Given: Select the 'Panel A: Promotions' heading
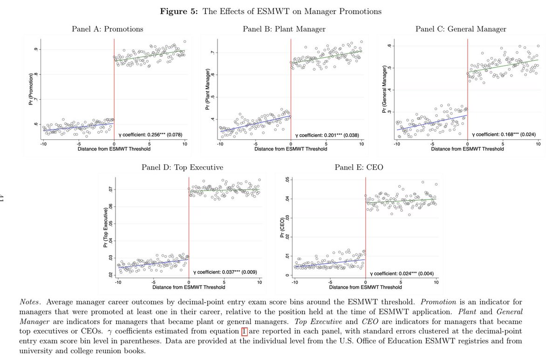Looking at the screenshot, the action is pos(108,29).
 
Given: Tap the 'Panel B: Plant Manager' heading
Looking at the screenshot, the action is pos(284,29).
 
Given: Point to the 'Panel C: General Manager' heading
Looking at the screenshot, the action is pos(461,29).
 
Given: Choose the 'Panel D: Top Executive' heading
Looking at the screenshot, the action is pos(183,167).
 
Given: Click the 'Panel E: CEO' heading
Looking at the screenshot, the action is pos(359,167).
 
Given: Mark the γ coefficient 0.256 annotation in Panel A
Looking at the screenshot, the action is pos(150,135).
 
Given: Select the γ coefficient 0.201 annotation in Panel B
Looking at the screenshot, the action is pos(327,135).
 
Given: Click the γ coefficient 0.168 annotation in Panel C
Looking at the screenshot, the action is pos(504,135).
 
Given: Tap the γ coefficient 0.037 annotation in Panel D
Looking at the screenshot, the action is pos(225,272).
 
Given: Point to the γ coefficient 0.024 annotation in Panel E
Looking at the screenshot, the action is pos(402,273).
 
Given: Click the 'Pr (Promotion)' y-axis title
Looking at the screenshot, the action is pos(31,89).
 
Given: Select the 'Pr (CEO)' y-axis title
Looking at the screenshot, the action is pos(282,228).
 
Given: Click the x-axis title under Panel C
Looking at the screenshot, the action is pos(467,149).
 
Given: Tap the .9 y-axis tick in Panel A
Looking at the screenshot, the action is pos(36,49).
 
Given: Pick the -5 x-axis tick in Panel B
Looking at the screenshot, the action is pos(255,144).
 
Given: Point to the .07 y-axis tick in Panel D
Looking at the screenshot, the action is pos(110,190).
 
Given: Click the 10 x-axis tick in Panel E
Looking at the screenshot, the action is pos(436,282).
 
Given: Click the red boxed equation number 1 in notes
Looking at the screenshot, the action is pos(244,331).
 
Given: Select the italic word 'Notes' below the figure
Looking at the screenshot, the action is pos(29,302).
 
